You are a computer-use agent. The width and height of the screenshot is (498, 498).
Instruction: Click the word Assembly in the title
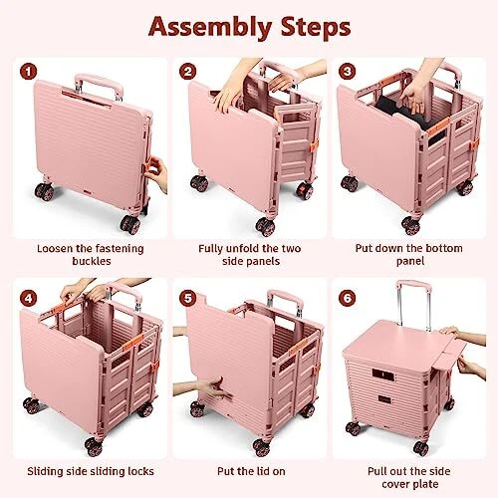click(x=210, y=28)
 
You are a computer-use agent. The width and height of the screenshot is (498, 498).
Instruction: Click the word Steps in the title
click(x=316, y=27)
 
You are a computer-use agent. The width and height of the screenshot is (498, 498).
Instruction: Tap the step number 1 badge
click(x=28, y=72)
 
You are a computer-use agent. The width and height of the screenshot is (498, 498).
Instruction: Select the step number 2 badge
click(x=187, y=72)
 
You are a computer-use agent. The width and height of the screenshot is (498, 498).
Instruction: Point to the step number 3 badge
click(x=347, y=72)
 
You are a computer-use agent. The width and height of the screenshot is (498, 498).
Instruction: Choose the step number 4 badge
click(x=28, y=298)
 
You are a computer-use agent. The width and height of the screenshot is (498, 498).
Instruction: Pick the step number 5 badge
click(x=187, y=298)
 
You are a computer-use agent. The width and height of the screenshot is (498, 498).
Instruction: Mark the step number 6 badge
click(x=347, y=298)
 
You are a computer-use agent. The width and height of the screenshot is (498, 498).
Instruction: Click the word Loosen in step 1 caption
click(x=54, y=248)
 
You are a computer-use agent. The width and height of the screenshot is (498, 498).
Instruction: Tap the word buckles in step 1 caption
click(x=92, y=261)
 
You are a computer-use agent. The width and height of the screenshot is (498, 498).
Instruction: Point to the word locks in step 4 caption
click(x=139, y=471)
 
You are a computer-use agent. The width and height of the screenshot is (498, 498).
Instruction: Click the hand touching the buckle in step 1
click(x=156, y=172)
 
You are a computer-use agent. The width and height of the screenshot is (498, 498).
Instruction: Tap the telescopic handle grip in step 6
click(x=414, y=286)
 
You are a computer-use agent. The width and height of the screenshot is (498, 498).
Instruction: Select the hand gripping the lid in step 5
click(x=204, y=386)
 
